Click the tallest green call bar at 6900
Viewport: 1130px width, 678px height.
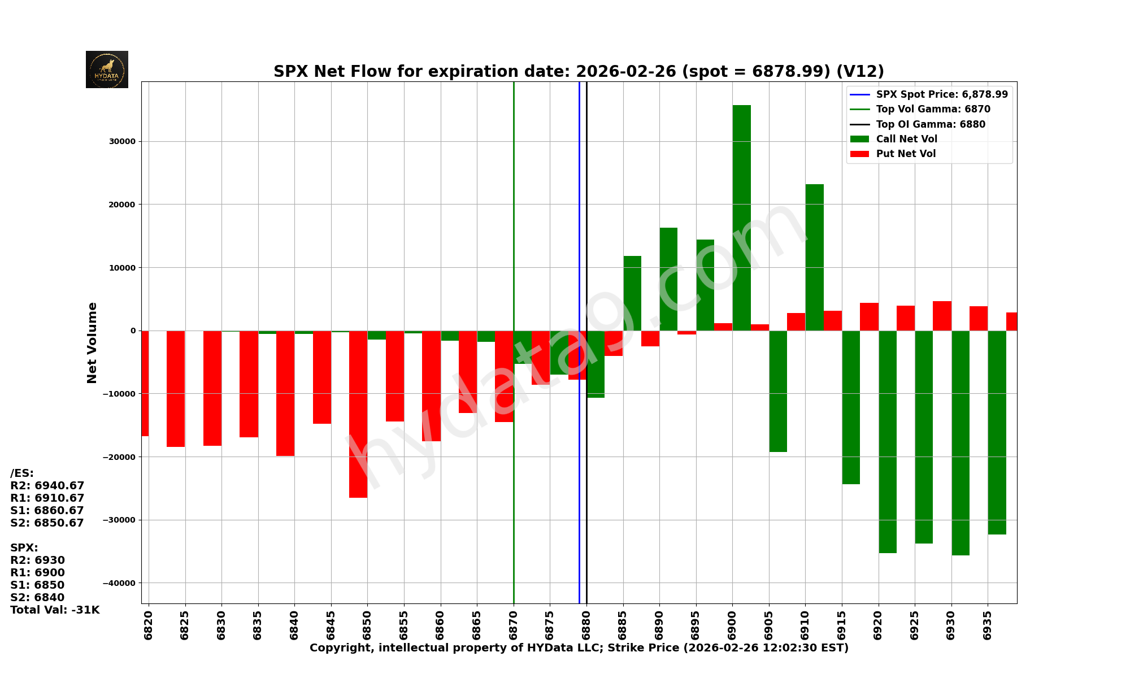point(741,218)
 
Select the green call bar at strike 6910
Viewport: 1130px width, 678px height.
point(814,257)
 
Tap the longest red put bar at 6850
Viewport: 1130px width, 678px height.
point(358,414)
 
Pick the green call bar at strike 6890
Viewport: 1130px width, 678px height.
point(668,279)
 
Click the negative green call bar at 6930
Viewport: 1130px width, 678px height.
point(960,442)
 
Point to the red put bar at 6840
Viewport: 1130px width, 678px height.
point(285,393)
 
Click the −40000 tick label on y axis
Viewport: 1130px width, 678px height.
point(120,583)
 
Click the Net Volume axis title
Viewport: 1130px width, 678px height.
point(92,343)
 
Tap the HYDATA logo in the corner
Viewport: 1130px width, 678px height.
point(107,69)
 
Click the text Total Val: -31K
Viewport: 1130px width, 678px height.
point(55,610)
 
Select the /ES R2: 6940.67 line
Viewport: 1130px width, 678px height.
point(47,486)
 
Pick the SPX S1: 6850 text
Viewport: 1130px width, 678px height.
point(37,585)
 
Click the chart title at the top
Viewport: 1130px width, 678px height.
point(579,72)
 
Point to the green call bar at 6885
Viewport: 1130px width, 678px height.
point(632,293)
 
